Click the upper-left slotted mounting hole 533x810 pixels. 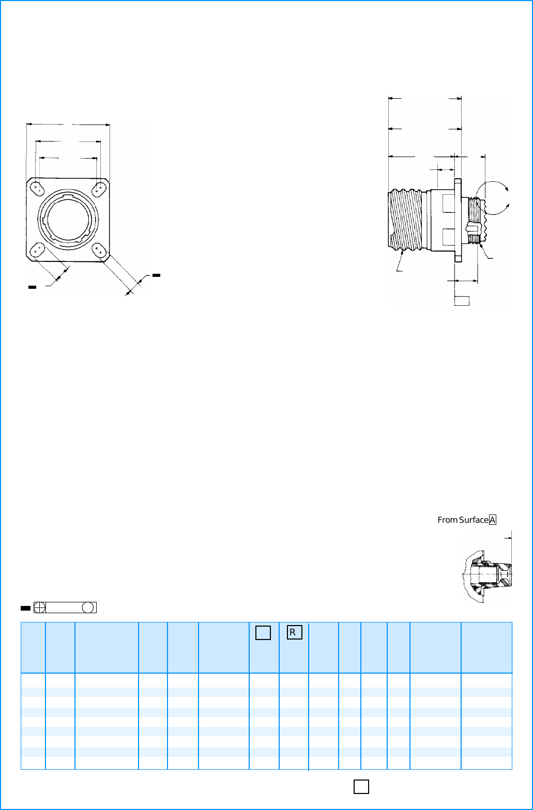[37, 189]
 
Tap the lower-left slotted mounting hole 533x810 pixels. [37, 250]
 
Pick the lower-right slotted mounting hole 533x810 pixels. [99, 250]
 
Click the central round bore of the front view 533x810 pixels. [68, 219]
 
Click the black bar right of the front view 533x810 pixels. [157, 275]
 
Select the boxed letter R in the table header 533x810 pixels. [294, 632]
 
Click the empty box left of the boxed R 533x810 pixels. [263, 632]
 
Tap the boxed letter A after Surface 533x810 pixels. [493, 520]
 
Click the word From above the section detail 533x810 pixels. [447, 520]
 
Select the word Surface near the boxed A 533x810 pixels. [474, 520]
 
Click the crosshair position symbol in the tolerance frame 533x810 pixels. [40, 607]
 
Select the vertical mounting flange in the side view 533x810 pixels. [458, 220]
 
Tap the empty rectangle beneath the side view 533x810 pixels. [462, 301]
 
